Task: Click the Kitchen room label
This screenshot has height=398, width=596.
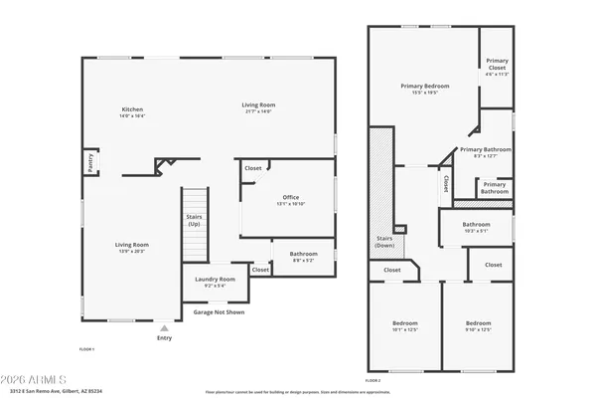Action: (133, 109)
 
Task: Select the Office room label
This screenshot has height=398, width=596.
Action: (291, 197)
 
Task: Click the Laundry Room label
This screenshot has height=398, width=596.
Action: (215, 280)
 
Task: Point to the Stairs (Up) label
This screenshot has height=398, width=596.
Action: (194, 220)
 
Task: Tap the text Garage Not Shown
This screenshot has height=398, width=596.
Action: (220, 311)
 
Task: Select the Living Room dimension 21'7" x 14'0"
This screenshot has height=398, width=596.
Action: (259, 111)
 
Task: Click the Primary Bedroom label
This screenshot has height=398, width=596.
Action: (425, 87)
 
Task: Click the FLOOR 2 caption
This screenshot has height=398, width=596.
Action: (372, 380)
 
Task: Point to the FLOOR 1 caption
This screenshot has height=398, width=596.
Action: (86, 349)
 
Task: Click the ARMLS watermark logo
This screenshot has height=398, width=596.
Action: (35, 379)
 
